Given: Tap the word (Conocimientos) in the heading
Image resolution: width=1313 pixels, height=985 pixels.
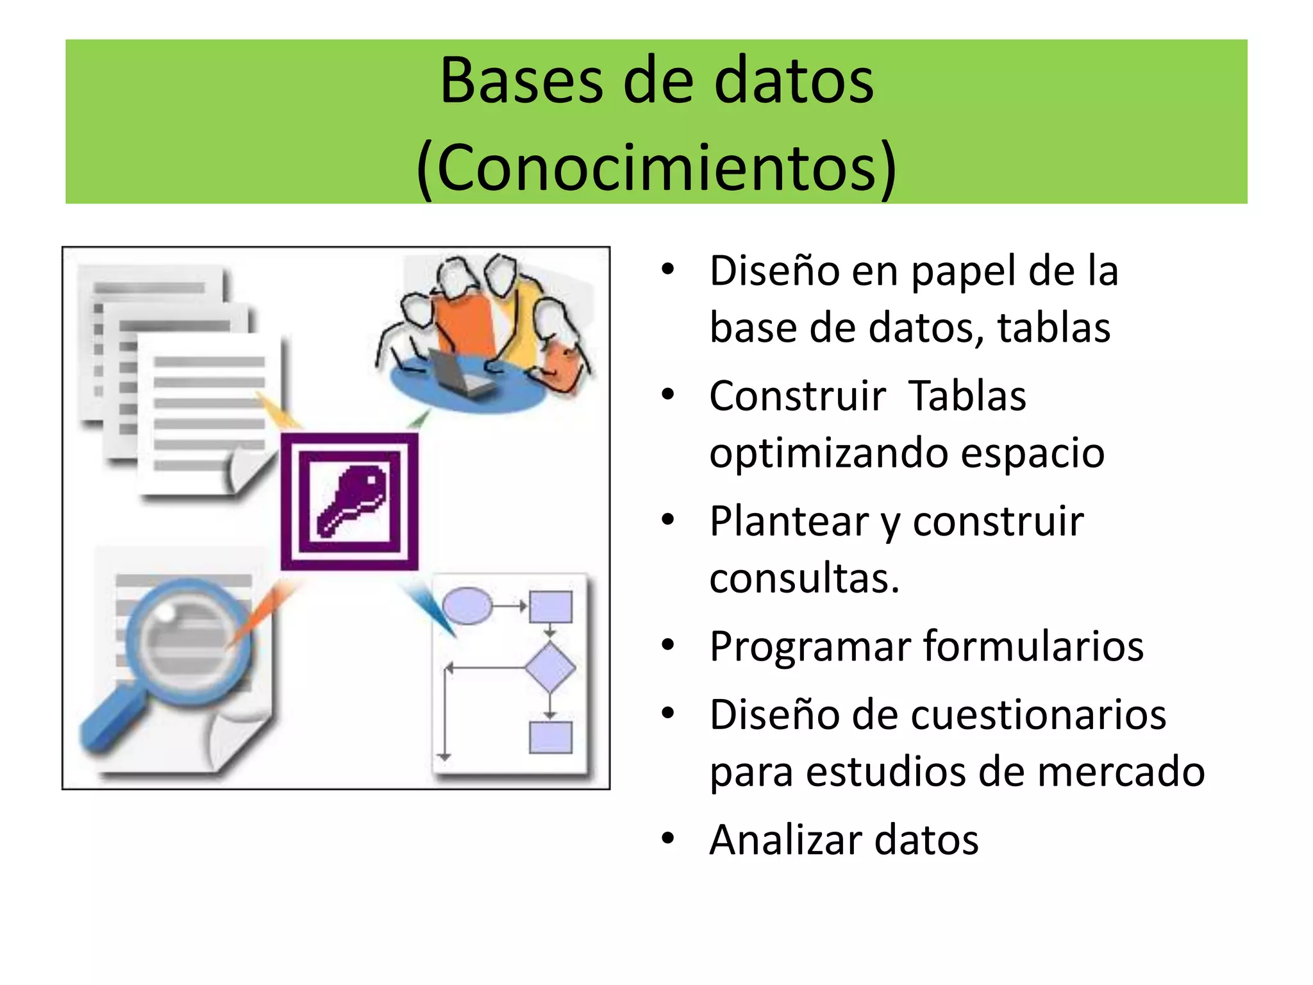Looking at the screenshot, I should click(656, 168).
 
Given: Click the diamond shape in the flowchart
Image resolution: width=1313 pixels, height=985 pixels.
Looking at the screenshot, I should click(550, 668).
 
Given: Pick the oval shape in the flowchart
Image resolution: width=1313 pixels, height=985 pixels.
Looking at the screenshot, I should click(467, 605).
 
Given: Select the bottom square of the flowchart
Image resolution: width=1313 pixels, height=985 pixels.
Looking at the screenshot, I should click(550, 737).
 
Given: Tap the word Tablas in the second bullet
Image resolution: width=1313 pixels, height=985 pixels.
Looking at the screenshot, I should click(967, 396).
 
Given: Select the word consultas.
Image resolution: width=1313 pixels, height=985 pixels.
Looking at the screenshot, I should click(804, 578).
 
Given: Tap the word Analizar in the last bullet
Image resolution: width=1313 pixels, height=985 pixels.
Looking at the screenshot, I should click(785, 840).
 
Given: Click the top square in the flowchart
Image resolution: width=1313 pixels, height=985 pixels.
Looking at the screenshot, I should click(550, 607).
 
